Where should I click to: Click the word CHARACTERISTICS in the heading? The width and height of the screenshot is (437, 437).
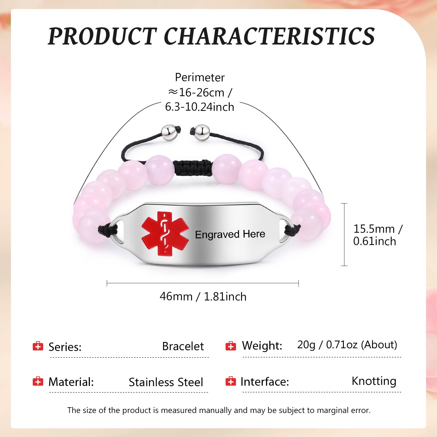[270, 36]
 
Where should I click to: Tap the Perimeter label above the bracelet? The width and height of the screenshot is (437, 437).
[200, 77]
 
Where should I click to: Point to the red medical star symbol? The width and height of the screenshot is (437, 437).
[165, 234]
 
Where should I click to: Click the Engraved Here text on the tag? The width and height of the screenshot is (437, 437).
[230, 234]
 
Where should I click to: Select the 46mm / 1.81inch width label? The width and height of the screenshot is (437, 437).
[203, 297]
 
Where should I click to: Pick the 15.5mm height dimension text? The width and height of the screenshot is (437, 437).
[378, 235]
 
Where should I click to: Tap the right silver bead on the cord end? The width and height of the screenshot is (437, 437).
[202, 133]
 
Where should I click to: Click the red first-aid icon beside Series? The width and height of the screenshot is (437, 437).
[38, 346]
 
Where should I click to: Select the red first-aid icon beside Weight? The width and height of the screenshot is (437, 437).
[231, 346]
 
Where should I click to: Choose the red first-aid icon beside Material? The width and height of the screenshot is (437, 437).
[38, 381]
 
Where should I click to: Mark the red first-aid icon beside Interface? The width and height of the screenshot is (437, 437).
[231, 381]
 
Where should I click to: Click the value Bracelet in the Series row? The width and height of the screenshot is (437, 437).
[183, 346]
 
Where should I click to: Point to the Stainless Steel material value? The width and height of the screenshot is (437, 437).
[166, 382]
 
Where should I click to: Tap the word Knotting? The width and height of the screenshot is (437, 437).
[374, 381]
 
